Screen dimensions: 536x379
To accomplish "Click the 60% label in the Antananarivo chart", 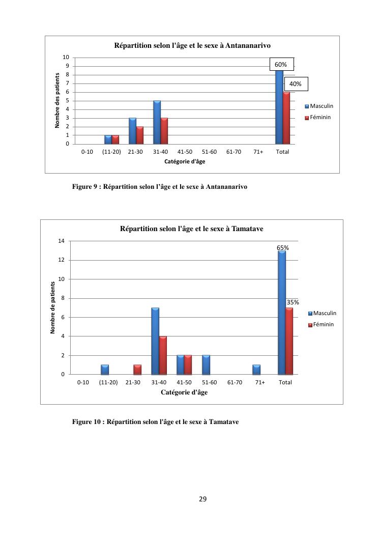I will tap(281, 65).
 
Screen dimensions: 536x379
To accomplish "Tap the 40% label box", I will tap(296, 83).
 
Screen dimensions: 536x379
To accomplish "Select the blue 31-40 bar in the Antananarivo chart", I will tap(157, 122).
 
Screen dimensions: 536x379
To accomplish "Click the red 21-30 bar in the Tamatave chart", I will tap(137, 370).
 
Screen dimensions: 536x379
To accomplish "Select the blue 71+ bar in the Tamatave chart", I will tap(257, 370).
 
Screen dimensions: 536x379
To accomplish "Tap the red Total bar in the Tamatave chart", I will tap(289, 341).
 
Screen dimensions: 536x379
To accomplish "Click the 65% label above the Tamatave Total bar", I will tap(283, 248).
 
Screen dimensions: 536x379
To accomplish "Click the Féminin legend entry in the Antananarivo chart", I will tap(320, 117).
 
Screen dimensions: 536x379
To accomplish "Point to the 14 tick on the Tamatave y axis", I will tap(61, 241).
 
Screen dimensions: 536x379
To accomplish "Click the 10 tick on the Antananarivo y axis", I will tap(66, 57).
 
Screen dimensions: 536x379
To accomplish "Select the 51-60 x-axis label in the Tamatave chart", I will tap(209, 382).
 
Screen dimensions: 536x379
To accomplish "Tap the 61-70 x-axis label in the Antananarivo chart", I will tap(234, 152).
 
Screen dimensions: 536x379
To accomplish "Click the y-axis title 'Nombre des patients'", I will tap(57, 100).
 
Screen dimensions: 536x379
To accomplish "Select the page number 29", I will tap(203, 499).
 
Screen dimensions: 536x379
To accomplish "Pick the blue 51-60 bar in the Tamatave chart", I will tap(206, 364).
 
